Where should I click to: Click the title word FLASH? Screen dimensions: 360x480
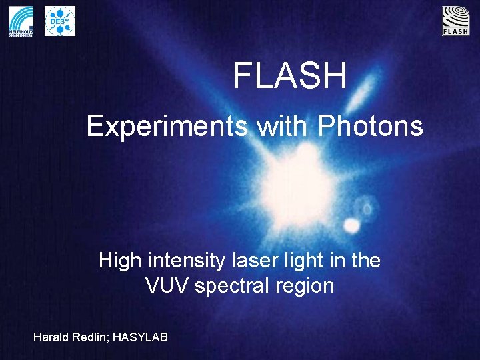coord(289,76)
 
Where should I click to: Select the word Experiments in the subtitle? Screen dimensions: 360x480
coord(167,125)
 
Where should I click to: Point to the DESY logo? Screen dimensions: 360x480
coord(60,21)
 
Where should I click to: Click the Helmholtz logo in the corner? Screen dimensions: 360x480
coord(21,21)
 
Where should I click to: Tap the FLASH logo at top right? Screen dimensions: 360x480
coord(455,21)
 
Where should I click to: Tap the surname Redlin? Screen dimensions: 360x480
coord(91,337)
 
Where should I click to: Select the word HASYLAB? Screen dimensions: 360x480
coord(140,337)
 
